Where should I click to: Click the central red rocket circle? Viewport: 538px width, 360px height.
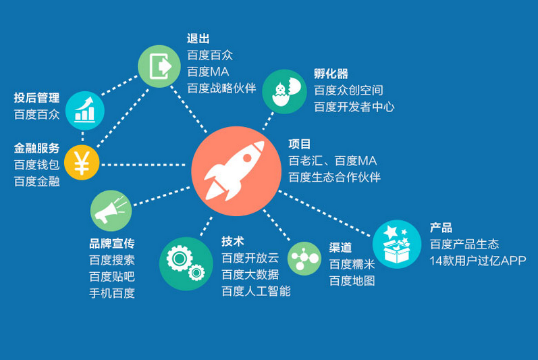click(x=236, y=171)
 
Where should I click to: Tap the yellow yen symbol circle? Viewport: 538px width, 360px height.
click(x=82, y=162)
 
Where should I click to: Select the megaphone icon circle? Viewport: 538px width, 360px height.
click(x=111, y=210)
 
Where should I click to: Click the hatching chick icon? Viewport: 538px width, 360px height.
click(x=284, y=92)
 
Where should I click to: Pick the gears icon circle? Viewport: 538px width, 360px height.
click(x=186, y=263)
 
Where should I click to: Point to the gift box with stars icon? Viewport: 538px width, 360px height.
click(x=397, y=244)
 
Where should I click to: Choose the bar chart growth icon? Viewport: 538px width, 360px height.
click(x=85, y=111)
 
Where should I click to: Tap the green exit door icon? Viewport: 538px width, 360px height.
click(x=159, y=66)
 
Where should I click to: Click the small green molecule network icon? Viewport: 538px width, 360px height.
click(x=304, y=259)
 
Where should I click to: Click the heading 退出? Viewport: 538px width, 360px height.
click(x=198, y=38)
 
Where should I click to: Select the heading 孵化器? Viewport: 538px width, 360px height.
click(x=331, y=74)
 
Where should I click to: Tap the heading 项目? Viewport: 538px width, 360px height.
click(x=300, y=144)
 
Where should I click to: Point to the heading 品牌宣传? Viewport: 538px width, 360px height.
click(x=112, y=243)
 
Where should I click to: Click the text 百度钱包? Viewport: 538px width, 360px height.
click(x=36, y=165)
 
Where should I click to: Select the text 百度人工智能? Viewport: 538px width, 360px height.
click(x=257, y=291)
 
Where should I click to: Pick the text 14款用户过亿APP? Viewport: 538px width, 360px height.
click(x=478, y=261)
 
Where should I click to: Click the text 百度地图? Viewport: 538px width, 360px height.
click(x=352, y=281)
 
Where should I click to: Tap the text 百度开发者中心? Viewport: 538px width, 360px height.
click(x=354, y=107)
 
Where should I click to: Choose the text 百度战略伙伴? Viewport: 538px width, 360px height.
click(x=221, y=88)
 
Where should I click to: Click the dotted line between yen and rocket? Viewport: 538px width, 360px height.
click(x=143, y=165)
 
